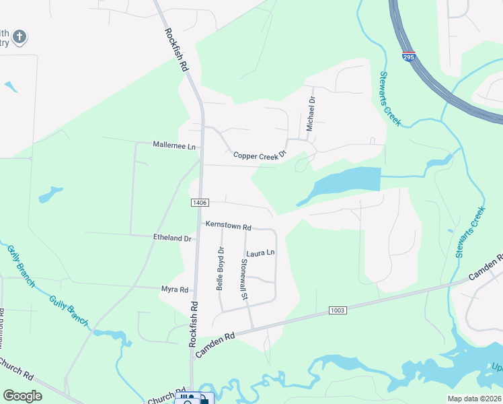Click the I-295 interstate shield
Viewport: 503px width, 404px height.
click(x=409, y=57)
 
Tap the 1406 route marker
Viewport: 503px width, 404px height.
click(x=200, y=203)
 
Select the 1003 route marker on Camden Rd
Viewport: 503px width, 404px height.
click(x=338, y=310)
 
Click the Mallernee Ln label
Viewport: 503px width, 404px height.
click(x=173, y=145)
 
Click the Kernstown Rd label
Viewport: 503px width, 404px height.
click(x=228, y=226)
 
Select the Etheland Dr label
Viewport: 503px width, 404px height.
click(x=173, y=238)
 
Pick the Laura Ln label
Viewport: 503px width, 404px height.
click(x=261, y=253)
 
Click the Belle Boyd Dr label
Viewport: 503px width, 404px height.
click(x=220, y=268)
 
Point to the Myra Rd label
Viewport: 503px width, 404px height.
click(x=174, y=289)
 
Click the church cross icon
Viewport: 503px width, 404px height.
click(x=20, y=36)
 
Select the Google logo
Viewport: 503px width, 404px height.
click(x=23, y=396)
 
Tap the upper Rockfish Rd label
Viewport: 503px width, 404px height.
click(x=173, y=50)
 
